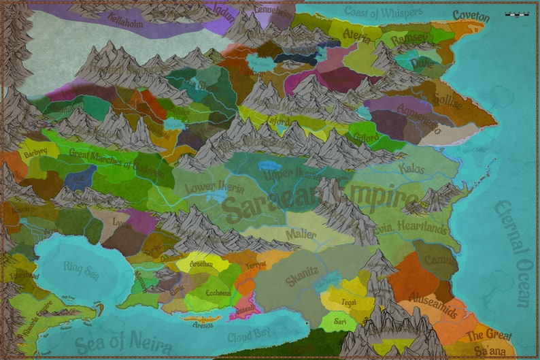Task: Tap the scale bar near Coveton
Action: pos(517,14)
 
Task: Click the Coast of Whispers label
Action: pos(383,12)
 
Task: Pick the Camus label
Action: pos(439,260)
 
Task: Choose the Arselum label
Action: pos(201,264)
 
